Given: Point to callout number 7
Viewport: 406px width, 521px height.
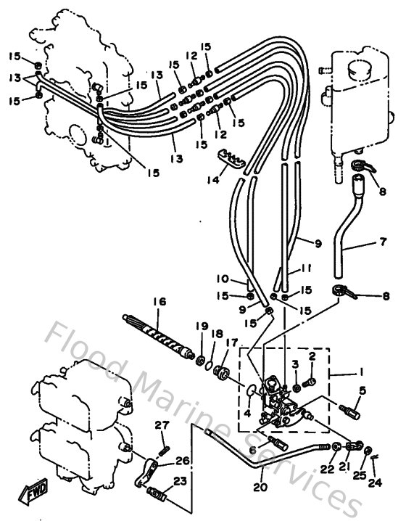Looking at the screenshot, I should click(x=384, y=241).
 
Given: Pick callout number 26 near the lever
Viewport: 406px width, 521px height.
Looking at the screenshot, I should click(x=182, y=460).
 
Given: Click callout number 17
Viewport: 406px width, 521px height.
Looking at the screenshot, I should click(x=232, y=342).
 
